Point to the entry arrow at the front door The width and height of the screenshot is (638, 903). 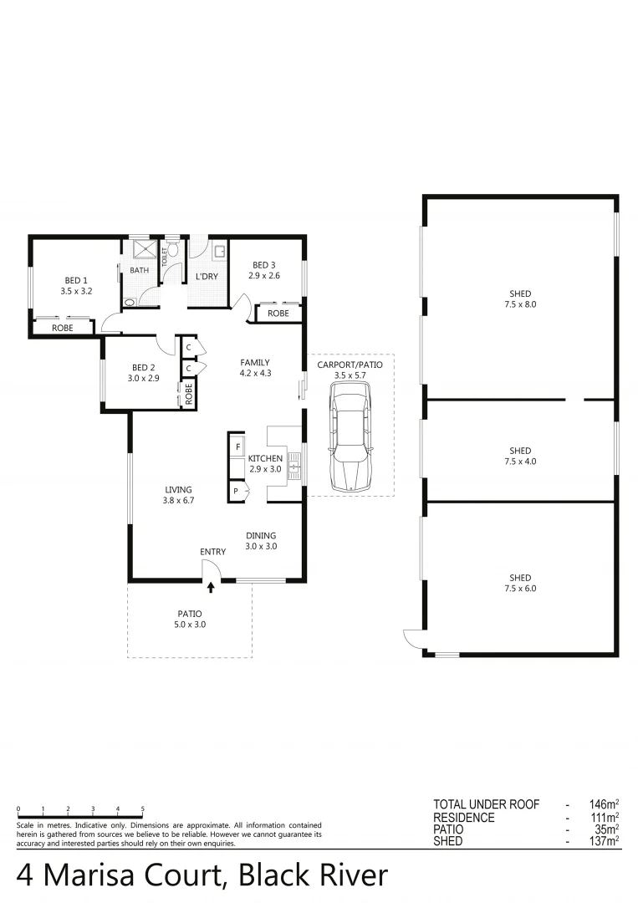coord(211,589)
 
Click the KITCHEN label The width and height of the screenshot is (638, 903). coord(265,458)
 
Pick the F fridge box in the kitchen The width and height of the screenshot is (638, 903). coord(237,447)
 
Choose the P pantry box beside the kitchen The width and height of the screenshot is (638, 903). coord(237,491)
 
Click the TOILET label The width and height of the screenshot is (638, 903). coord(165,255)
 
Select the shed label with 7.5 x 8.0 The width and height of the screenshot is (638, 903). coord(520,298)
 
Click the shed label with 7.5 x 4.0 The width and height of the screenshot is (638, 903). coord(520,456)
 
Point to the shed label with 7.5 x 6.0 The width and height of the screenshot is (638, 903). coord(520,583)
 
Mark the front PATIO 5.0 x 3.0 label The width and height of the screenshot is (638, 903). coord(189,619)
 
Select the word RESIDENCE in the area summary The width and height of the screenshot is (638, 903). coord(464,818)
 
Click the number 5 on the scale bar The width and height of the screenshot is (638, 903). coord(143,809)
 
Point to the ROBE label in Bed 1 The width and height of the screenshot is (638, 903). coord(63,329)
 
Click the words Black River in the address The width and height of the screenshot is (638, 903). coord(314,875)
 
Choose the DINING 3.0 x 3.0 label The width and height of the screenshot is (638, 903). coord(261,541)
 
